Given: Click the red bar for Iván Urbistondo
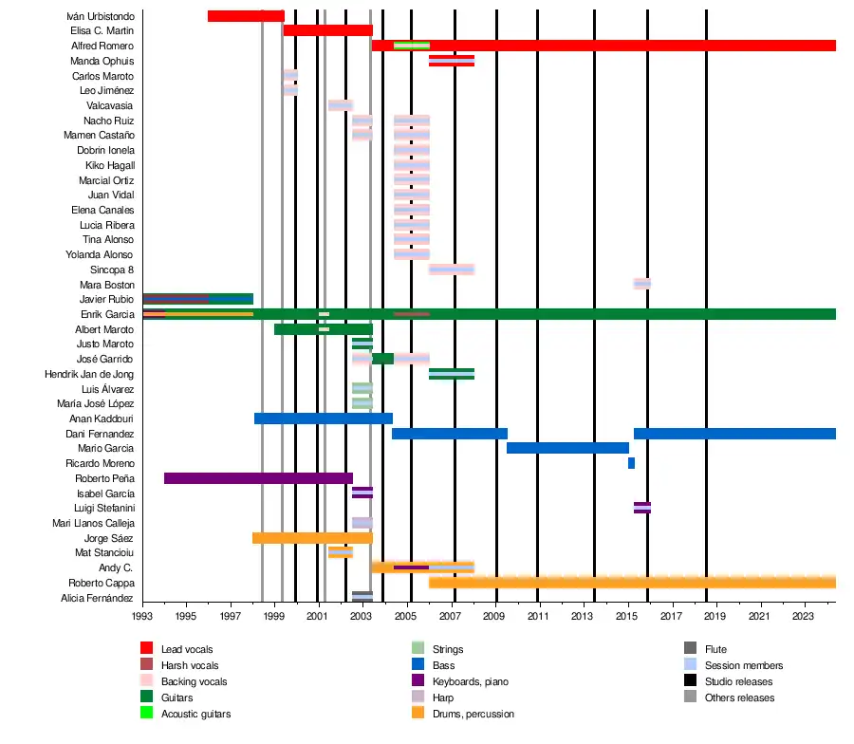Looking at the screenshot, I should [245, 16].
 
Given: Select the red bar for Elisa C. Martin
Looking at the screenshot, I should [327, 30].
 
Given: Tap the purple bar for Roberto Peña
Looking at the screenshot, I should [258, 478].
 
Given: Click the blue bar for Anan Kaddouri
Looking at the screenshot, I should [323, 418].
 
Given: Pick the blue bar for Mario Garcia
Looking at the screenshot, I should [567, 448].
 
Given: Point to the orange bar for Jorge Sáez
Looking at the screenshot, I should [312, 538].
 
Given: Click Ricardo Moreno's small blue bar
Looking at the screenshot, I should [631, 463].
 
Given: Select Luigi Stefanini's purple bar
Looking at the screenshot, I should [642, 508].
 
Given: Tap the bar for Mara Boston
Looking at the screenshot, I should [642, 284].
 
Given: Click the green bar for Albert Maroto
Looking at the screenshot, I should [323, 329].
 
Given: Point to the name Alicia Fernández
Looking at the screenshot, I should [97, 598].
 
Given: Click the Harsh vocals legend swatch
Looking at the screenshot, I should [147, 665].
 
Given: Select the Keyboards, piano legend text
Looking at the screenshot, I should [469, 681].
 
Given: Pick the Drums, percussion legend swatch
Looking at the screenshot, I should [418, 714].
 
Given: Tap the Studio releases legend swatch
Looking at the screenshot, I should [691, 681].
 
